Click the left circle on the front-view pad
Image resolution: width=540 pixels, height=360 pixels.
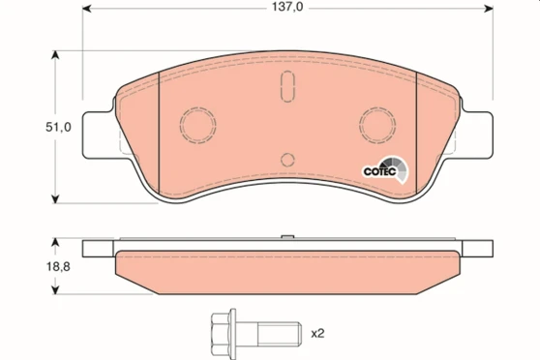(197, 123)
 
